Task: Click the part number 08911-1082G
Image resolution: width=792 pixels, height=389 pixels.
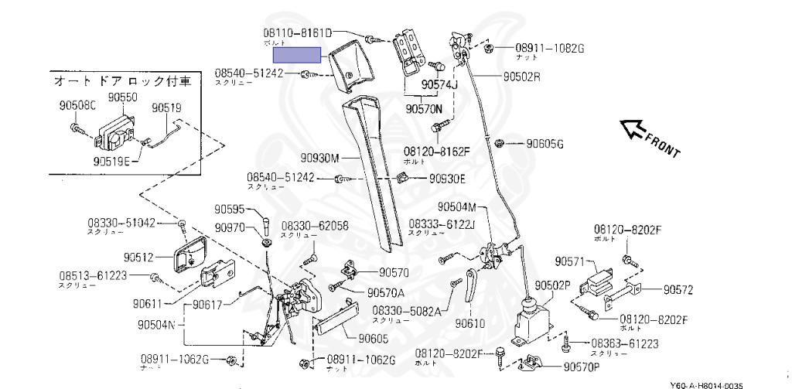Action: click(550, 48)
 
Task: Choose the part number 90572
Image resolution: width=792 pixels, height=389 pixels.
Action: click(678, 290)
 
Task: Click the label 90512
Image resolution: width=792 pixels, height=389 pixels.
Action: click(139, 257)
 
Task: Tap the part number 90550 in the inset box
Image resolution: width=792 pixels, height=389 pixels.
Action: click(122, 97)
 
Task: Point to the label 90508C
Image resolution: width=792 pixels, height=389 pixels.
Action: click(77, 106)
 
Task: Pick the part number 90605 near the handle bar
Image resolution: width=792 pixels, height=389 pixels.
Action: click(374, 338)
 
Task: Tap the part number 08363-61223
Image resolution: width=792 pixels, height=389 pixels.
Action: click(625, 343)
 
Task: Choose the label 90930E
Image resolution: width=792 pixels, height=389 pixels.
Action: click(448, 178)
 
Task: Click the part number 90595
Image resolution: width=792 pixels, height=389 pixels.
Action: click(229, 209)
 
